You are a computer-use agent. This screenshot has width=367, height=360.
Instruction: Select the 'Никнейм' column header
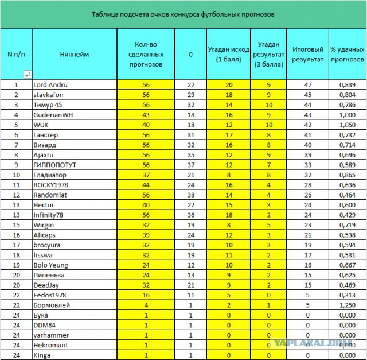(x=74, y=54)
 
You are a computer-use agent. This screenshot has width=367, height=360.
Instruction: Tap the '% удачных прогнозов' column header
(x=348, y=54)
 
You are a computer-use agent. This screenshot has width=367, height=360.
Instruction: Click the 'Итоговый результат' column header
(x=308, y=54)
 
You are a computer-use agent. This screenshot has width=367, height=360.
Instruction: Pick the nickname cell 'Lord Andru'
(x=50, y=84)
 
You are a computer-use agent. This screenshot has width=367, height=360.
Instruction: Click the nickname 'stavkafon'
(x=49, y=94)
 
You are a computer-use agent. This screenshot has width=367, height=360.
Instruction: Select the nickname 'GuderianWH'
(x=53, y=114)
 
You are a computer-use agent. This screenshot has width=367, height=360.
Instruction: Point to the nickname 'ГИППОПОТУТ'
(x=54, y=164)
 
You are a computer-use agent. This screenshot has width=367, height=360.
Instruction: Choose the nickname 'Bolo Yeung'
(x=51, y=265)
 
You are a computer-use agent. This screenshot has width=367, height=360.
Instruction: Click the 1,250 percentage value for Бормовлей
(x=347, y=305)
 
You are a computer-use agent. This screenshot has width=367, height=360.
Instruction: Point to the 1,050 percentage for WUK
(x=347, y=124)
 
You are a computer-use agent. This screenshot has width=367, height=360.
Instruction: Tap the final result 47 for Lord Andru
(x=308, y=84)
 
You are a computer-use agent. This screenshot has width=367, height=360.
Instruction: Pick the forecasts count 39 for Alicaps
(x=145, y=235)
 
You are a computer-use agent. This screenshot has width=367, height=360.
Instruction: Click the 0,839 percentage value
(x=347, y=84)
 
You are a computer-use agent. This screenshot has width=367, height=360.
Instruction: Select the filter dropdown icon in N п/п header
(x=27, y=74)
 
